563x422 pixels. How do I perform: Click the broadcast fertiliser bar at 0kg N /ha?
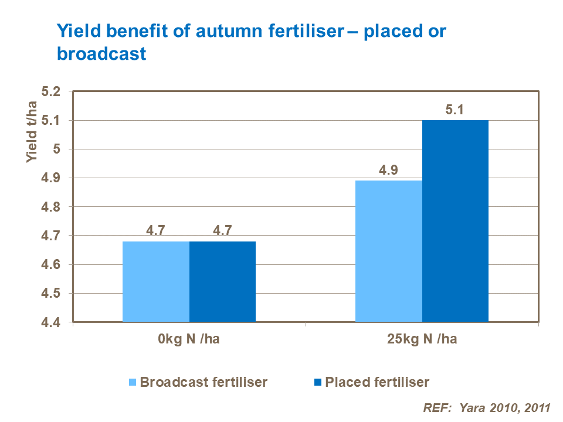click(156, 281)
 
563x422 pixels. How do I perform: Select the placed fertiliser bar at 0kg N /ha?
click(222, 281)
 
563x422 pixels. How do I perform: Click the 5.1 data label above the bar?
click(455, 109)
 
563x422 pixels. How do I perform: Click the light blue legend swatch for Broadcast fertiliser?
click(132, 383)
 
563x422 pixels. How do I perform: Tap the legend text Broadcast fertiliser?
click(204, 383)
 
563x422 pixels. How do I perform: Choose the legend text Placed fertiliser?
click(377, 383)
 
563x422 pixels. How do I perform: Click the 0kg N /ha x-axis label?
click(189, 340)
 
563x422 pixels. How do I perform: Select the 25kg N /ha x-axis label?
click(422, 340)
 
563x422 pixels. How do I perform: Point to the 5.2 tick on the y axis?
click(51, 92)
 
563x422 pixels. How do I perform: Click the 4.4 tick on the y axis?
click(51, 322)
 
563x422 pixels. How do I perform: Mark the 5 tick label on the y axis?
click(57, 149)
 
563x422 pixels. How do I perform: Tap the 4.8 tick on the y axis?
click(51, 207)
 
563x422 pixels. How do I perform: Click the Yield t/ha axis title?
click(32, 132)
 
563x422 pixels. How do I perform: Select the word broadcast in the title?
click(101, 54)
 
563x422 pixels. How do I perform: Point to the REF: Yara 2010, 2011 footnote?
click(487, 408)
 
